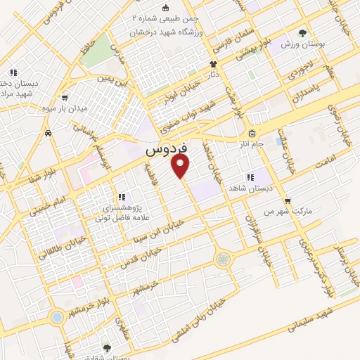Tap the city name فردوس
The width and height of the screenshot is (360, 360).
pyautogui.click(x=167, y=150)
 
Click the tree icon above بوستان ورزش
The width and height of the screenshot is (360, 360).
pyautogui.click(x=303, y=32)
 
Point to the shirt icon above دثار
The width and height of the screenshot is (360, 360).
pyautogui.click(x=213, y=63)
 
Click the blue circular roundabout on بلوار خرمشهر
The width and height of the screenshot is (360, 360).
pyautogui.click(x=56, y=318)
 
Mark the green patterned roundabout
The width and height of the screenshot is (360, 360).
pyautogui.click(x=223, y=259)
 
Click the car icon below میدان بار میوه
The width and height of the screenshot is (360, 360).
pyautogui.click(x=47, y=133)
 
